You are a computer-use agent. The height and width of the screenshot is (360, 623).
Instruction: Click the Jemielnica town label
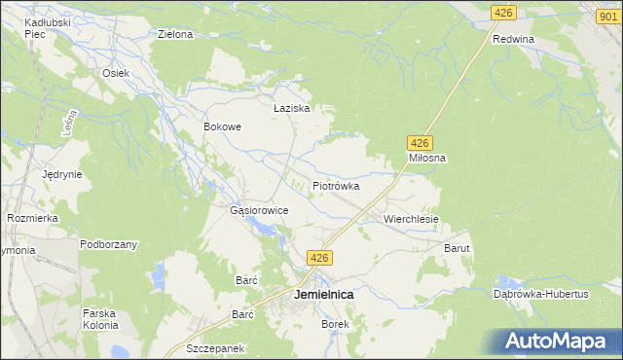[x=324, y=294]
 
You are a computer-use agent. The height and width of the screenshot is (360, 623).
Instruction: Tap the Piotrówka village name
[x=336, y=185]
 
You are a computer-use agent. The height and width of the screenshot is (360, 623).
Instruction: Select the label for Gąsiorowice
[x=257, y=210]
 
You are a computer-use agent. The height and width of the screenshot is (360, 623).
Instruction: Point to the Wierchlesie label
[x=412, y=220]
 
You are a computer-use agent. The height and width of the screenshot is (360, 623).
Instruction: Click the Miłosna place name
[x=426, y=158]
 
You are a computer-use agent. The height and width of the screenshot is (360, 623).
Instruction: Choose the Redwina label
[x=514, y=39]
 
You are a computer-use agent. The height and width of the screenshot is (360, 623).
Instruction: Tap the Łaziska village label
[x=291, y=108]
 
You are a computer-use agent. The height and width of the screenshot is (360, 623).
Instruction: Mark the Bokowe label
[x=222, y=126]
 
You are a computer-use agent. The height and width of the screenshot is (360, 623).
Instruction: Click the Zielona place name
[x=175, y=34]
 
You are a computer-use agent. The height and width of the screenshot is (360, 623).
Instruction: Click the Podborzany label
[x=108, y=244]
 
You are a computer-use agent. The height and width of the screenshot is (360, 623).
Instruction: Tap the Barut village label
[x=458, y=249]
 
